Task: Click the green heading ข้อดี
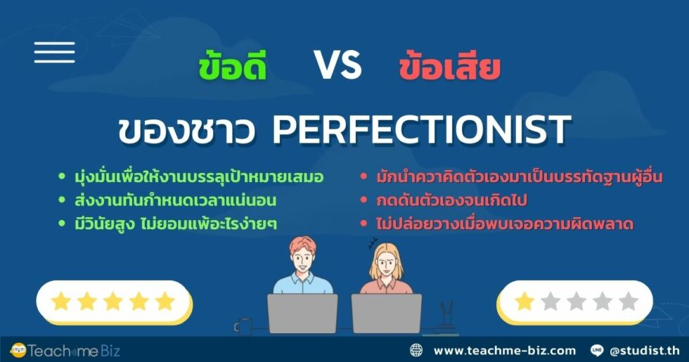(x=232, y=68)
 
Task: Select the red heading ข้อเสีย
(x=449, y=68)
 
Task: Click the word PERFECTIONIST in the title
(x=420, y=130)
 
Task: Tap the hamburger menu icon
(x=54, y=53)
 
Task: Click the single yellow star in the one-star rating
(x=524, y=302)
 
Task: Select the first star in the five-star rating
(x=61, y=302)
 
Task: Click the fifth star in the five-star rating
(x=165, y=302)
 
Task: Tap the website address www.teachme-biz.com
(x=504, y=350)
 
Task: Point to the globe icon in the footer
(x=417, y=350)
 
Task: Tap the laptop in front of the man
(x=302, y=313)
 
